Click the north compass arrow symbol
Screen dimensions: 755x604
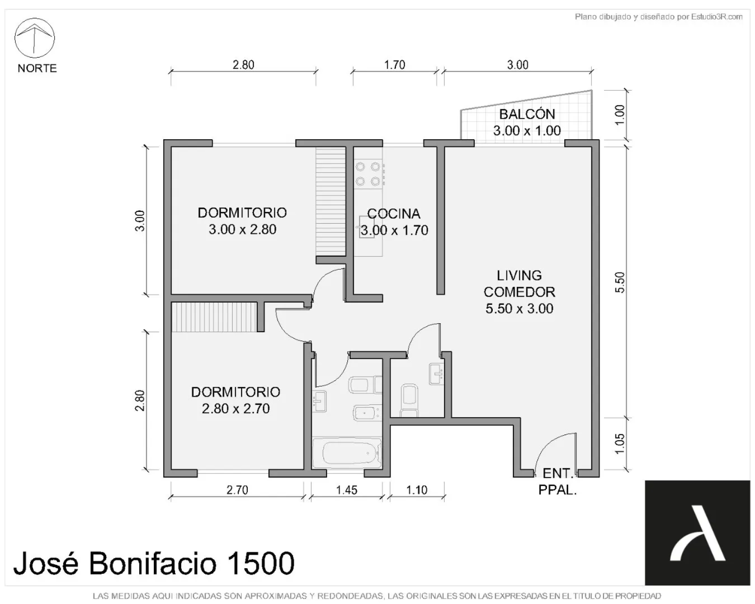[35, 38]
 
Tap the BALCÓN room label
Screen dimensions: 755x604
[527, 114]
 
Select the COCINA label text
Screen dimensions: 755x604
[394, 214]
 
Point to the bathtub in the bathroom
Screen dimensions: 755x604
[346, 453]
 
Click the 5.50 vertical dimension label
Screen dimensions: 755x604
[619, 282]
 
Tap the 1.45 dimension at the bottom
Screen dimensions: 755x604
[346, 490]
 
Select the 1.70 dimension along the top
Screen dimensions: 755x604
[394, 64]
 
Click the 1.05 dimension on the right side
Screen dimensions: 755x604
[619, 444]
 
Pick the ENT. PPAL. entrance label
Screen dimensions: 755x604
[558, 481]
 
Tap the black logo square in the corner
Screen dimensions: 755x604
[697, 533]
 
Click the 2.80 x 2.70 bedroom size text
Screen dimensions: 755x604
[236, 409]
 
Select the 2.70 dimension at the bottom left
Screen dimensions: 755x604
[237, 490]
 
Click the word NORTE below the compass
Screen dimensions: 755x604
[37, 68]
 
